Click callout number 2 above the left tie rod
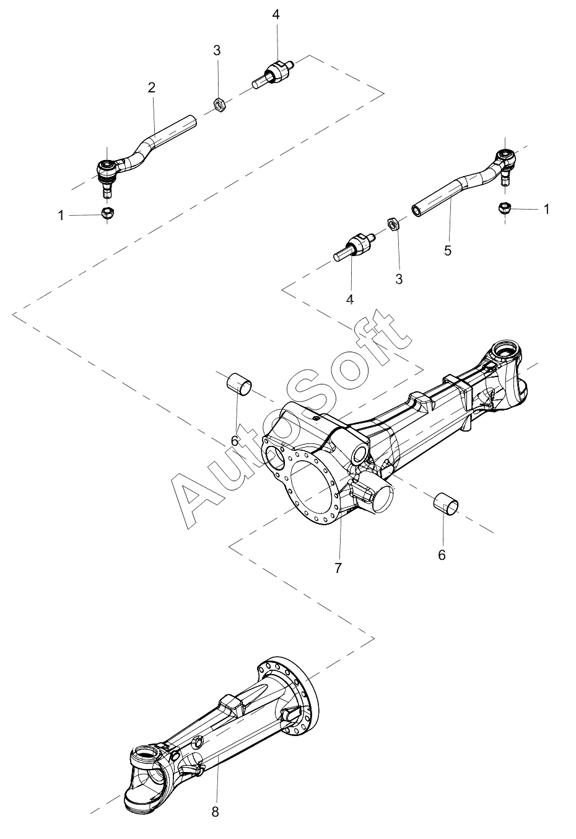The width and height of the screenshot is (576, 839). [152, 87]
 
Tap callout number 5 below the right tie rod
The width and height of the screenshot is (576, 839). [448, 251]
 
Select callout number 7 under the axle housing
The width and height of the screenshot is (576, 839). [338, 568]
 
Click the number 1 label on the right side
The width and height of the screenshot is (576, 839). [546, 209]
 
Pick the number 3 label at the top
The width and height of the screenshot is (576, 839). [217, 50]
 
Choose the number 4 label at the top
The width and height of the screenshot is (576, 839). [276, 15]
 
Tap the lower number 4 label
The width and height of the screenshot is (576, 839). [350, 300]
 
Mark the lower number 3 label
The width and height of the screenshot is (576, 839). [399, 279]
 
